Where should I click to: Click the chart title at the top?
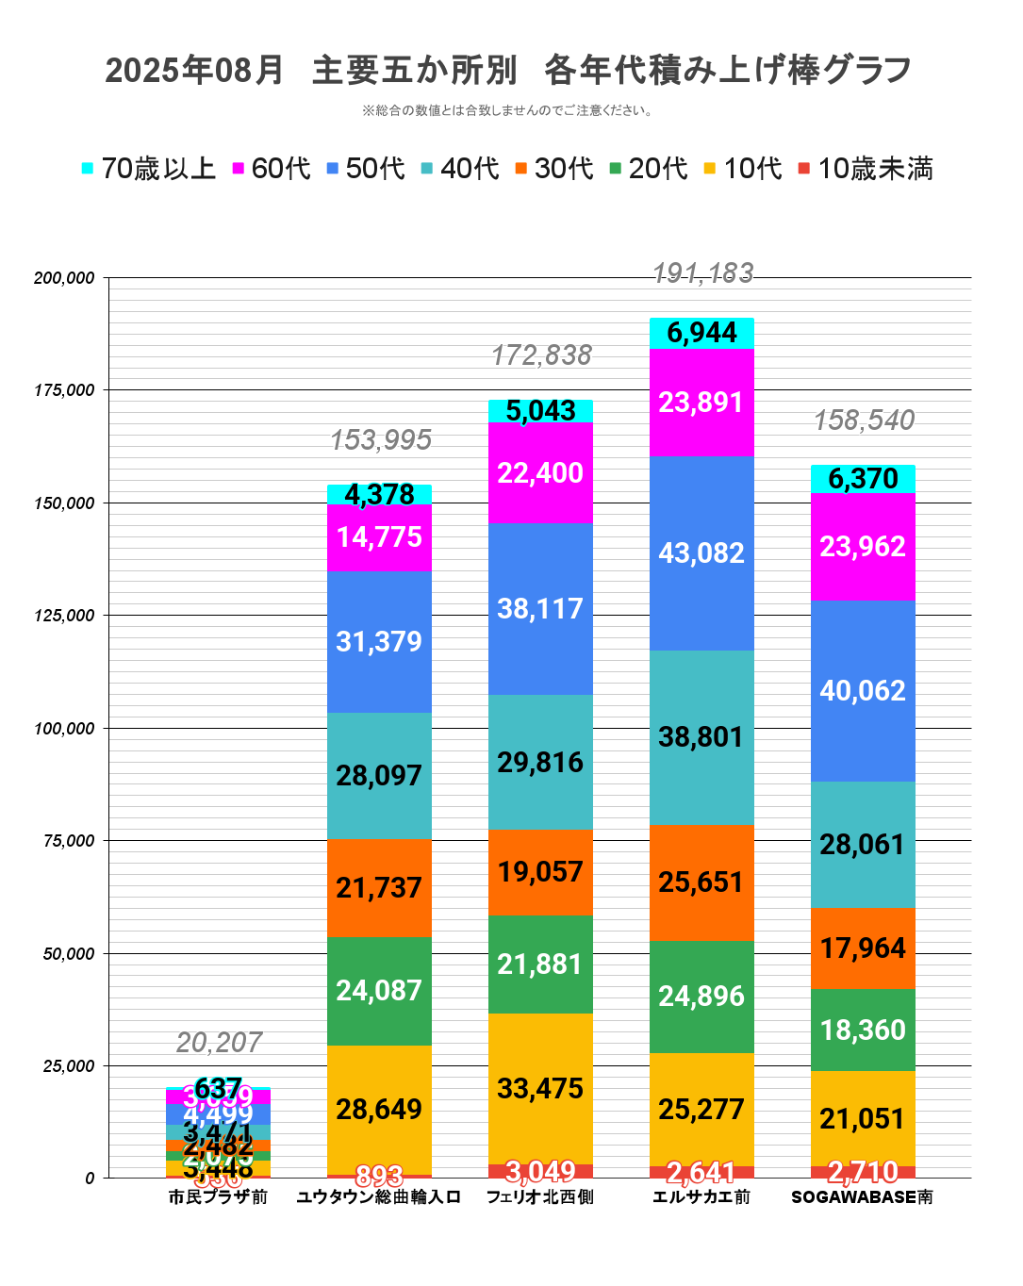click(509, 71)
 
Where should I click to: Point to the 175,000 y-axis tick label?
click(64, 390)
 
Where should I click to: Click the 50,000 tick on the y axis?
click(68, 953)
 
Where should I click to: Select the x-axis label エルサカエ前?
click(701, 1197)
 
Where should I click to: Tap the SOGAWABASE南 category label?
click(862, 1197)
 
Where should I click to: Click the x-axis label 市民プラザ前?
click(218, 1197)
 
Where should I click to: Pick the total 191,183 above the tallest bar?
click(702, 273)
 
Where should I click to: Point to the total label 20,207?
click(219, 1043)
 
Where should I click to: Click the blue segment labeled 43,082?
click(701, 553)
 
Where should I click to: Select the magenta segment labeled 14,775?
click(379, 537)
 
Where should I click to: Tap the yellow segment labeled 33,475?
click(540, 1089)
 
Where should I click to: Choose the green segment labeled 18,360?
click(863, 1030)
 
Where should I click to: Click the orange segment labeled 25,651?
click(701, 882)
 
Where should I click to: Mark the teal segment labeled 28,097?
click(379, 776)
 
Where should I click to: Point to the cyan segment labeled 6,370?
click(863, 479)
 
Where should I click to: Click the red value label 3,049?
click(540, 1171)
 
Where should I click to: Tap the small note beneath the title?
click(509, 110)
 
